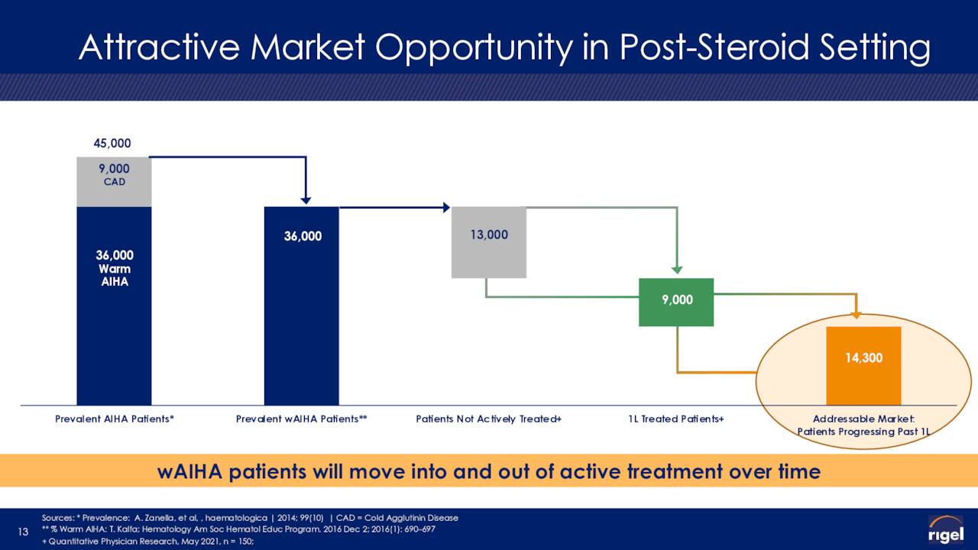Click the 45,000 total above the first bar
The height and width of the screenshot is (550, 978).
[x=112, y=143]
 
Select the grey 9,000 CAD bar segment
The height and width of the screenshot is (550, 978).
[x=114, y=182]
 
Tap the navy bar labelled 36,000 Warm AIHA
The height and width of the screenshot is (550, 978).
[x=114, y=306]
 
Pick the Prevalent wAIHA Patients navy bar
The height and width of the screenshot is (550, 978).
[x=301, y=306]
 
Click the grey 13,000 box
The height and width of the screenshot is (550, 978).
[x=488, y=242]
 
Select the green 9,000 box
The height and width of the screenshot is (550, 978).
[x=676, y=302]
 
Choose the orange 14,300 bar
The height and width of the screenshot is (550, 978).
[x=863, y=366]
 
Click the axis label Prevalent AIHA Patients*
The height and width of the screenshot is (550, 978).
[x=115, y=419]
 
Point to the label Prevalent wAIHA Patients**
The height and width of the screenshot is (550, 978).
[x=301, y=419]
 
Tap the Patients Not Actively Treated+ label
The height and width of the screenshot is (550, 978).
[x=488, y=419]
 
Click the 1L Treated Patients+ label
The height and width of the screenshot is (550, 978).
[x=676, y=419]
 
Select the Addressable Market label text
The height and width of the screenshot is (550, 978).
[x=863, y=425]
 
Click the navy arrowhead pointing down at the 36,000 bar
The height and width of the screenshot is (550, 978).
[x=306, y=200]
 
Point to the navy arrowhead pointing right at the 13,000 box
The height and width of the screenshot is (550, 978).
[x=447, y=207]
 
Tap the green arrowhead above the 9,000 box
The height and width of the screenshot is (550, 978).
[x=677, y=270]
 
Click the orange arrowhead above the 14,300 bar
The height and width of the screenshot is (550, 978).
[x=857, y=315]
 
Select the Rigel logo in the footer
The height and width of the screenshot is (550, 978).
[x=946, y=529]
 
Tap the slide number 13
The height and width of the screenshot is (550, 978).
[x=23, y=531]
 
